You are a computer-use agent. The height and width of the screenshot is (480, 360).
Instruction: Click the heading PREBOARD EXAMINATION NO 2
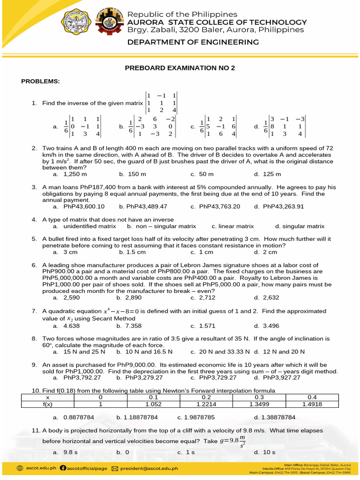point(180,68)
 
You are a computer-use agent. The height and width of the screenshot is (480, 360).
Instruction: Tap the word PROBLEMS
point(40,82)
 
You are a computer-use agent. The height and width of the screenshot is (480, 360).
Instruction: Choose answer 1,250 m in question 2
point(75,174)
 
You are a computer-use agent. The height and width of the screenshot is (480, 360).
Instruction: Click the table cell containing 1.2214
point(210,404)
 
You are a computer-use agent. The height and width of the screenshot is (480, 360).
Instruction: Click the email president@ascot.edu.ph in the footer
point(149,468)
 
